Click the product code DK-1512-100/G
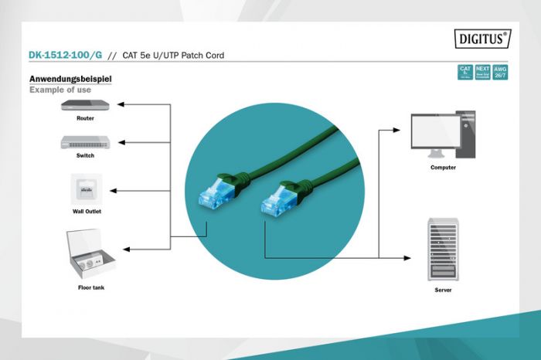coord(65,56)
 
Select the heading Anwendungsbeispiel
coord(70,79)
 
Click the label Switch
coord(85,156)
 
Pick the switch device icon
coord(85,142)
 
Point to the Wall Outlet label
coord(86,211)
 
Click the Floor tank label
coord(90,287)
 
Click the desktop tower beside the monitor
coord(466,134)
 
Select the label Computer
coord(443,167)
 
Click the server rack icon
coord(442,249)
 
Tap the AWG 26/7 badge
coord(501,73)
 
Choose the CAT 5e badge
coord(465,73)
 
